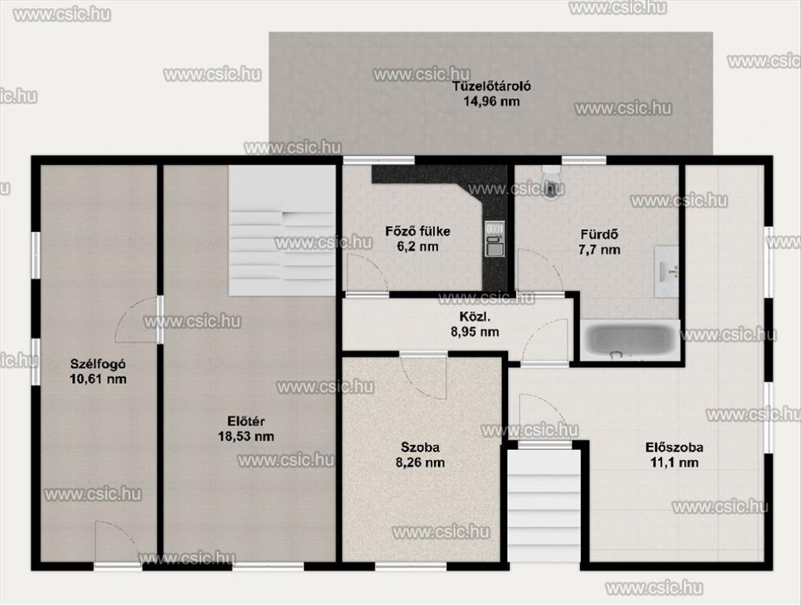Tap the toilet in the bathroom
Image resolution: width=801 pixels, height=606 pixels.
click(x=551, y=182)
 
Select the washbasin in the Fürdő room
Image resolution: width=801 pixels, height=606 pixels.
click(x=666, y=271)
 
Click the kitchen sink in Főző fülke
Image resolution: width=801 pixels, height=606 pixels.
click(x=495, y=239)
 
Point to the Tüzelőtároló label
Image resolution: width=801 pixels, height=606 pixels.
click(x=491, y=87)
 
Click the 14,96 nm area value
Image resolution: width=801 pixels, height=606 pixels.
click(x=491, y=101)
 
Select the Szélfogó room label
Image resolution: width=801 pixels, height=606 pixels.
click(x=98, y=364)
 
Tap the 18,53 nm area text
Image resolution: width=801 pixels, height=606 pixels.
click(x=246, y=436)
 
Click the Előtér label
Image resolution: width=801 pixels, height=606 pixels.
click(x=246, y=421)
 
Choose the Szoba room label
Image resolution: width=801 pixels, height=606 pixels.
click(x=420, y=447)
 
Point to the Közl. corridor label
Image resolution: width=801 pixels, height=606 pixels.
click(x=475, y=316)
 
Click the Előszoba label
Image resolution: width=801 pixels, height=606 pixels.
click(x=674, y=447)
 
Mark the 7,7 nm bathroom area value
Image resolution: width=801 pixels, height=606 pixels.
click(x=599, y=250)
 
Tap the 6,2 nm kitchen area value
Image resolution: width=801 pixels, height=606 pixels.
click(x=417, y=247)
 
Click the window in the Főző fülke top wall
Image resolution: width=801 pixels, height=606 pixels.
click(x=378, y=160)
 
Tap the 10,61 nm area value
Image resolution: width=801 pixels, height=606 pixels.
click(x=98, y=380)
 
